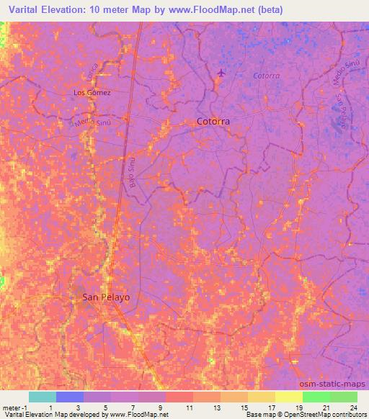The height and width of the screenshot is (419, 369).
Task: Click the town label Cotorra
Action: click(x=213, y=122)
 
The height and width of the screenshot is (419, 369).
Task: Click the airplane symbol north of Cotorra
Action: click(x=222, y=73)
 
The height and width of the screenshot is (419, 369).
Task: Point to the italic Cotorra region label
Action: click(x=266, y=76)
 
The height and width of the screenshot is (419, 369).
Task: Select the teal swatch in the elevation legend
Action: click(x=42, y=397)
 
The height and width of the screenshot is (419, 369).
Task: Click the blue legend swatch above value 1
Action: click(x=70, y=397)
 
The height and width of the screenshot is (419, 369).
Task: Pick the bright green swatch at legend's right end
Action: click(x=344, y=397)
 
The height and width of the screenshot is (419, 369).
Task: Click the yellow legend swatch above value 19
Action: click(x=289, y=397)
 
